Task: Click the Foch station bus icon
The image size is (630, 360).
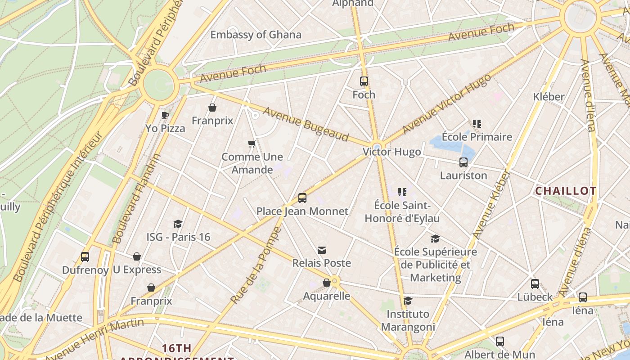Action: pos(364,81)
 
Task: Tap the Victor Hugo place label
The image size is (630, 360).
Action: pos(392,152)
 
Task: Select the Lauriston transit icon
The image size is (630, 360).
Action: pos(463,162)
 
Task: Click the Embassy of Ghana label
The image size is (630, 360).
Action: pos(256,35)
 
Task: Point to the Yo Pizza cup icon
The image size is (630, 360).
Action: pos(165,115)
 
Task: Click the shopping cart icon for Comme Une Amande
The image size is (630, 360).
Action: pos(252,144)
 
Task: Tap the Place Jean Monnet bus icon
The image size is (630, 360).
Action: pos(302,198)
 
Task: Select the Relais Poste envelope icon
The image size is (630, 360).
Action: pos(322,250)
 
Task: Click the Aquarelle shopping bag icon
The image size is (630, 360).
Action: pos(327,283)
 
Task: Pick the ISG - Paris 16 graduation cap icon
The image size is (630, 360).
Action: pos(178,224)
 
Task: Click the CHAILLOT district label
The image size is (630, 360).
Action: pos(566,191)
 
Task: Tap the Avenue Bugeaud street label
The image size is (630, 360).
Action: pos(306,124)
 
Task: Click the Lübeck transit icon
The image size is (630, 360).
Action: pos(535,284)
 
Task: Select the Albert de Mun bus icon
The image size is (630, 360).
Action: pos(499,342)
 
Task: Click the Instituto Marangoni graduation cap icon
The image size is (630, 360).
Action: pos(408,301)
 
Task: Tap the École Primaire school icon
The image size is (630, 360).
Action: pos(477,124)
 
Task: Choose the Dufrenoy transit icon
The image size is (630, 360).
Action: pos(85,257)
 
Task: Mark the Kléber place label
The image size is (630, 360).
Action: pos(548,97)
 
